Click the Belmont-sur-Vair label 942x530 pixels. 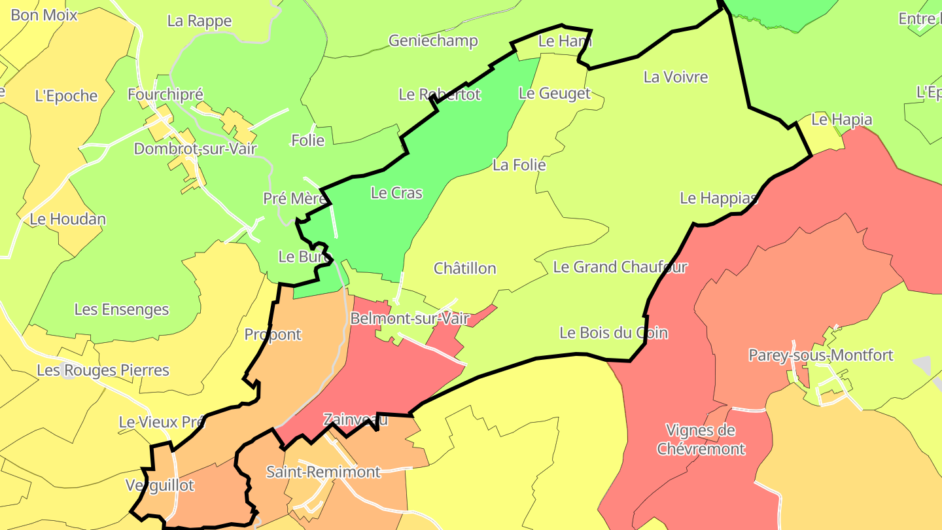(410, 319)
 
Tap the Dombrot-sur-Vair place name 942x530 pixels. (196, 149)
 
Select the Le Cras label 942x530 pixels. (396, 193)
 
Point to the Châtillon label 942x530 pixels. (465, 268)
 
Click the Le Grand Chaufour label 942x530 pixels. (620, 267)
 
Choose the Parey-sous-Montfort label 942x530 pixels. (821, 355)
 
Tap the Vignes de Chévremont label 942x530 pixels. (701, 440)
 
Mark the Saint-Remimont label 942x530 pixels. (323, 472)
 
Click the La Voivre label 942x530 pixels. (676, 77)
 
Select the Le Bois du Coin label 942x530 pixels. (614, 333)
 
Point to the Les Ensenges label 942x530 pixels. (122, 309)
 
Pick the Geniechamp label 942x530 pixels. (433, 41)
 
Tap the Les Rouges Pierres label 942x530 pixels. (103, 370)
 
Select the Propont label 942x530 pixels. (273, 334)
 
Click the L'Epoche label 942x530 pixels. (66, 96)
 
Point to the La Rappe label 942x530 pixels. (200, 21)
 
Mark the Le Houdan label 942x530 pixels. (67, 219)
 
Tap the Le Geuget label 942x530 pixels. (554, 94)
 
